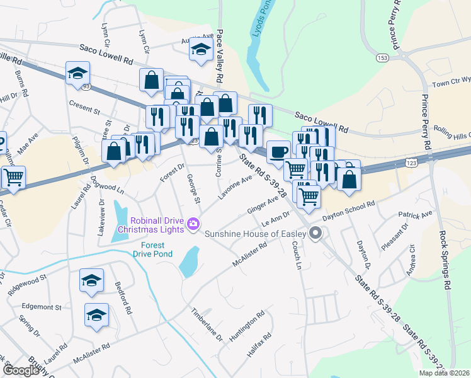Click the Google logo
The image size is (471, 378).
point(20,370)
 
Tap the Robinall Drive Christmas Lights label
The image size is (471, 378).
point(157,224)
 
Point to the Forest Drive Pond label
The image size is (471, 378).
point(152,249)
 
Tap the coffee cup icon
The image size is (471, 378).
point(278,152)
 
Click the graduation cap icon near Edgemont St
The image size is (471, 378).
point(96,314)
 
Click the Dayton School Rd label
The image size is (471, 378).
point(349,210)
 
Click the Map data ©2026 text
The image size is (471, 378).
point(444,373)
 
